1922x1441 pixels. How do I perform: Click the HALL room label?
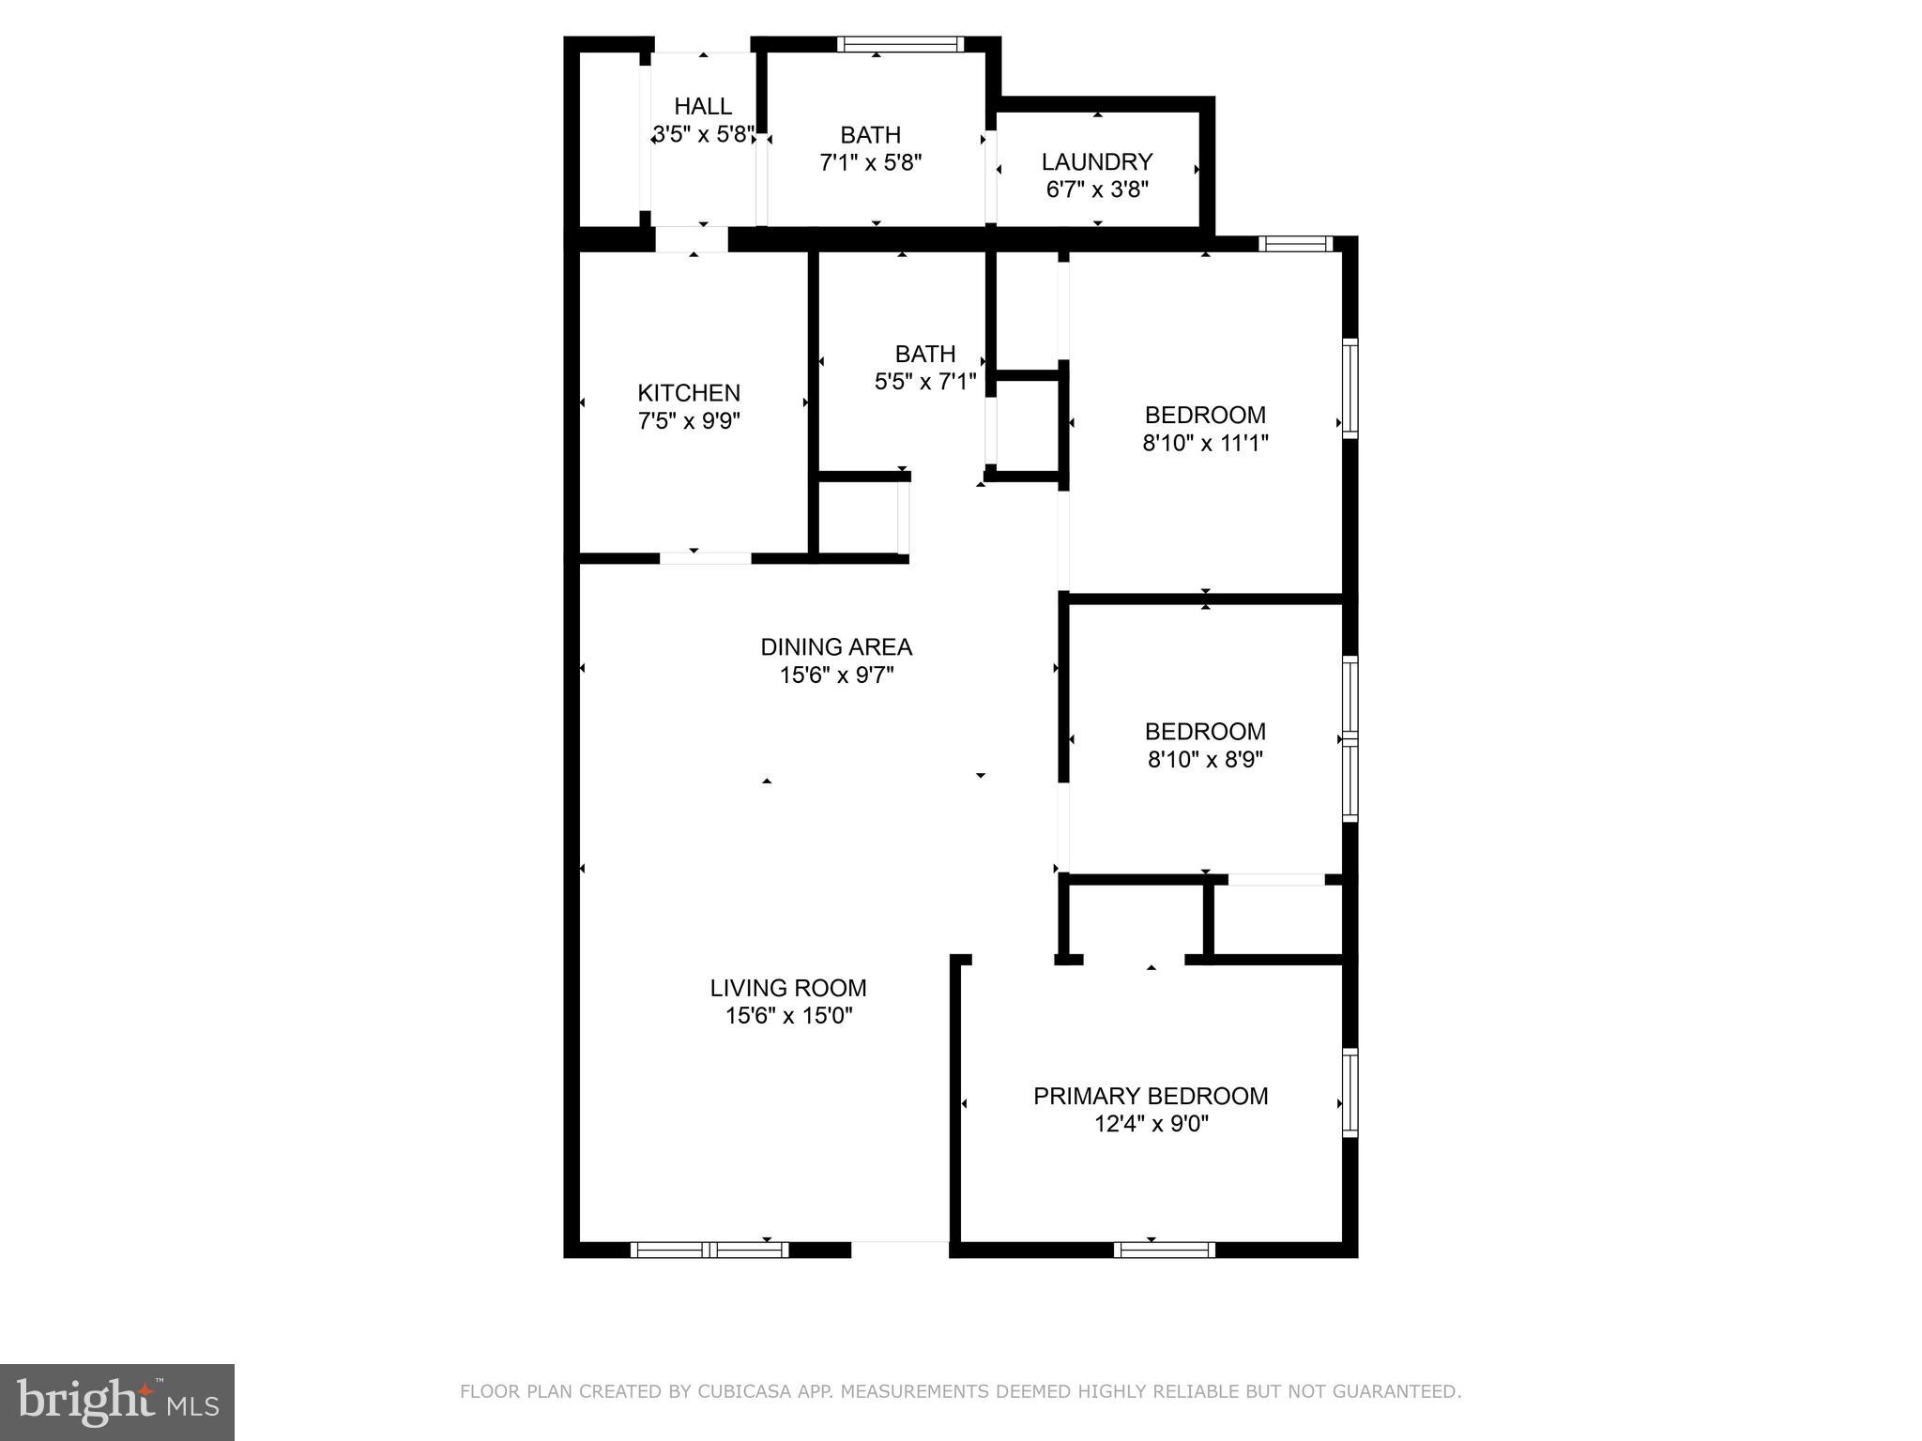[703, 106]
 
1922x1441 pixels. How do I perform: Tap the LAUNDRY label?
[1097, 161]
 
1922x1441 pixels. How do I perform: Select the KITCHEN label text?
[689, 393]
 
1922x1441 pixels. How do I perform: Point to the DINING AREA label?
[836, 647]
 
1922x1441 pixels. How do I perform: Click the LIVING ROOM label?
[788, 988]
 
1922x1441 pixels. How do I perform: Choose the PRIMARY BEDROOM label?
[1151, 1096]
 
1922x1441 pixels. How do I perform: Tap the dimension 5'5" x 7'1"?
[925, 382]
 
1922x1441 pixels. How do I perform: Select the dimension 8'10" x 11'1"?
[1205, 443]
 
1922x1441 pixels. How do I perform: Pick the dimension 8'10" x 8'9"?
[1205, 759]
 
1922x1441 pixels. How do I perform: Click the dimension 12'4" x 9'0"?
[1151, 1124]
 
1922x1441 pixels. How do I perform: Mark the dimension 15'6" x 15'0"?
[788, 1016]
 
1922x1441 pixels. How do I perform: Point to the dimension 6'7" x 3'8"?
[1097, 190]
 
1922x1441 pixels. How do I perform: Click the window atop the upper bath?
[900, 44]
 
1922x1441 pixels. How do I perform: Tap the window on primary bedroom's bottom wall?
[1164, 1250]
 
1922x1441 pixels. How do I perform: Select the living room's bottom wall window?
[709, 1250]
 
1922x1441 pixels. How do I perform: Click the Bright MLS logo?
[117, 1402]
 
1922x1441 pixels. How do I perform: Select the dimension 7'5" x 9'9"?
[689, 421]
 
